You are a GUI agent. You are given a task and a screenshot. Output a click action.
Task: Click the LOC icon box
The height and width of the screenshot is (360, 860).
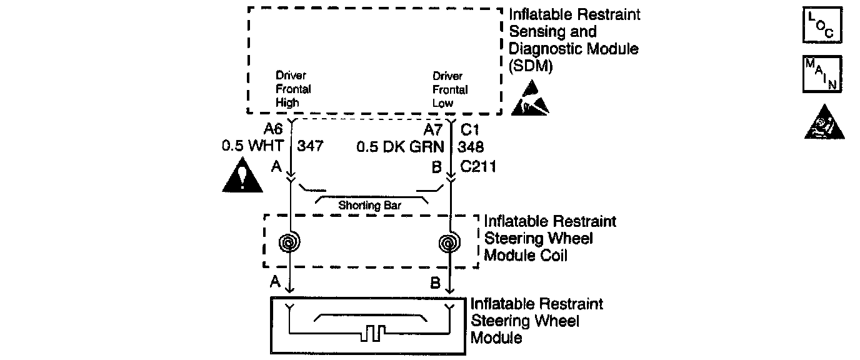(822, 26)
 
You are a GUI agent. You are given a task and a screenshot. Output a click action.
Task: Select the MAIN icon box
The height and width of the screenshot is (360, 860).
(822, 74)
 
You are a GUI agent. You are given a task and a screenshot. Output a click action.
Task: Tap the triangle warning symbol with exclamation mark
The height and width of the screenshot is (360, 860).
(243, 177)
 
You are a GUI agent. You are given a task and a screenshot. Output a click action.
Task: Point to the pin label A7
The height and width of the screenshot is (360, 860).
(434, 130)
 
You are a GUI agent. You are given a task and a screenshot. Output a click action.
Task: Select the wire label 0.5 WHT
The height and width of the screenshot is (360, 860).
(252, 148)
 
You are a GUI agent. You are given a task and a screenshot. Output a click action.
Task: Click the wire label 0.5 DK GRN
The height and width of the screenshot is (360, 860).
(401, 148)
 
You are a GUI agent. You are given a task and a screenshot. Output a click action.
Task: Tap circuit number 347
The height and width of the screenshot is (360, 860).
(311, 148)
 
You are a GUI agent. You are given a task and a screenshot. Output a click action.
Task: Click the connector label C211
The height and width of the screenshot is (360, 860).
(478, 167)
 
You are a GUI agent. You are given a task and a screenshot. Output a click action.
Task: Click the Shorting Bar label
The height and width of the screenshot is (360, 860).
(369, 205)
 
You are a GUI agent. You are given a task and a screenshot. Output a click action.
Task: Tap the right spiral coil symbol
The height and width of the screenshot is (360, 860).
(450, 242)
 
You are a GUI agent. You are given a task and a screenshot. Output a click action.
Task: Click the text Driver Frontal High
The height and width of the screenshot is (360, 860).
(293, 89)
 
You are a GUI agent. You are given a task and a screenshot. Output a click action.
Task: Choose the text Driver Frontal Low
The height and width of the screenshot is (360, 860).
(449, 89)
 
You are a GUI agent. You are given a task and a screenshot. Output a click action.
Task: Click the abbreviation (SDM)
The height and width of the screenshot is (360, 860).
(531, 65)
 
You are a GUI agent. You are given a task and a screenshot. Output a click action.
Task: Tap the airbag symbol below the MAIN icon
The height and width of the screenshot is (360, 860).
(824, 125)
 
